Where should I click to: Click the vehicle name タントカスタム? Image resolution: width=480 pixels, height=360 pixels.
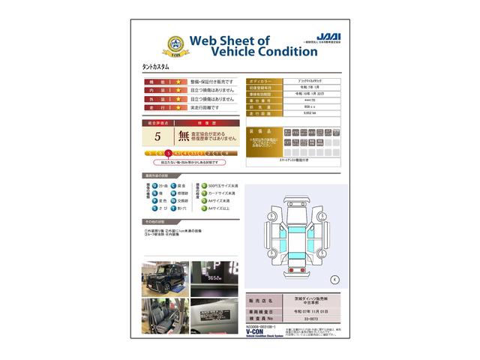tap(155, 67)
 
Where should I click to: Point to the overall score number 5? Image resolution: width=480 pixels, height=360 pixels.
tap(157, 136)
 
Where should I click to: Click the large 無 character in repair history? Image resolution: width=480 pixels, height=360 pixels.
tap(184, 136)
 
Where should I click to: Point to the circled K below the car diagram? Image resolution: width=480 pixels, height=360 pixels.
tap(334, 279)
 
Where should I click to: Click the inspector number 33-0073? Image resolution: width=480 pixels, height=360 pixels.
tap(309, 319)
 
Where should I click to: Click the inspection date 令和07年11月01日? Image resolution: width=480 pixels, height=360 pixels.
tap(309, 310)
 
